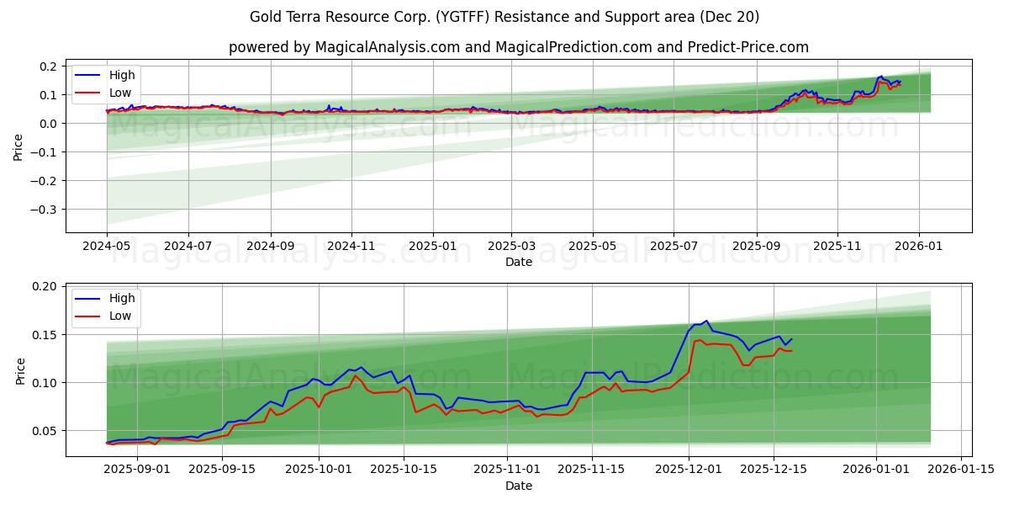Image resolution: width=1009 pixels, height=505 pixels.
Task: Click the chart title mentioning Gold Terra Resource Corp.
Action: click(504, 17)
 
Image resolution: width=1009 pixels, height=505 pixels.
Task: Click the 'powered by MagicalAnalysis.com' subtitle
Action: click(518, 47)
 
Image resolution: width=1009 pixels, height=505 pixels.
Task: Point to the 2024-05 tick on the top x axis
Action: click(107, 246)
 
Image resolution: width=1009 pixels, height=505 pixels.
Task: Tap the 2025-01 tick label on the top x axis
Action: click(433, 246)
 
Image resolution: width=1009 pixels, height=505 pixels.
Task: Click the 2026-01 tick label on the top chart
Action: click(918, 246)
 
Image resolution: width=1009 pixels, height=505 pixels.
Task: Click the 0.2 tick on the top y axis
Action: click(49, 66)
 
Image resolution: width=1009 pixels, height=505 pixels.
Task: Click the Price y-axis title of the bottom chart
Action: click(19, 371)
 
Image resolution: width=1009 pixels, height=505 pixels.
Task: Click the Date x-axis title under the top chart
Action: click(518, 262)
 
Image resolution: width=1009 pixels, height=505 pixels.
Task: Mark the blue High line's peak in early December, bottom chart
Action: click(707, 321)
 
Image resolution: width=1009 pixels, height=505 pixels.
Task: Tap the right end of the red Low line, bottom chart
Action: click(791, 350)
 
